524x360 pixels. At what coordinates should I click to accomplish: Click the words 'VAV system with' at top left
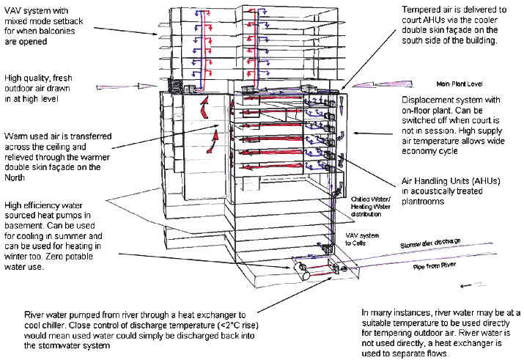tap(36, 10)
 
